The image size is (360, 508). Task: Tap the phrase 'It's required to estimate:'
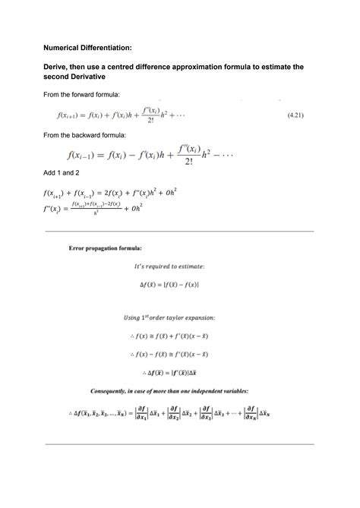179,266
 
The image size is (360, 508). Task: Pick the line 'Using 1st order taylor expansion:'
179,316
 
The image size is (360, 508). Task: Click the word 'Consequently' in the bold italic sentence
114,391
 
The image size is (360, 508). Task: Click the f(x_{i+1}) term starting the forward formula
73,114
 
